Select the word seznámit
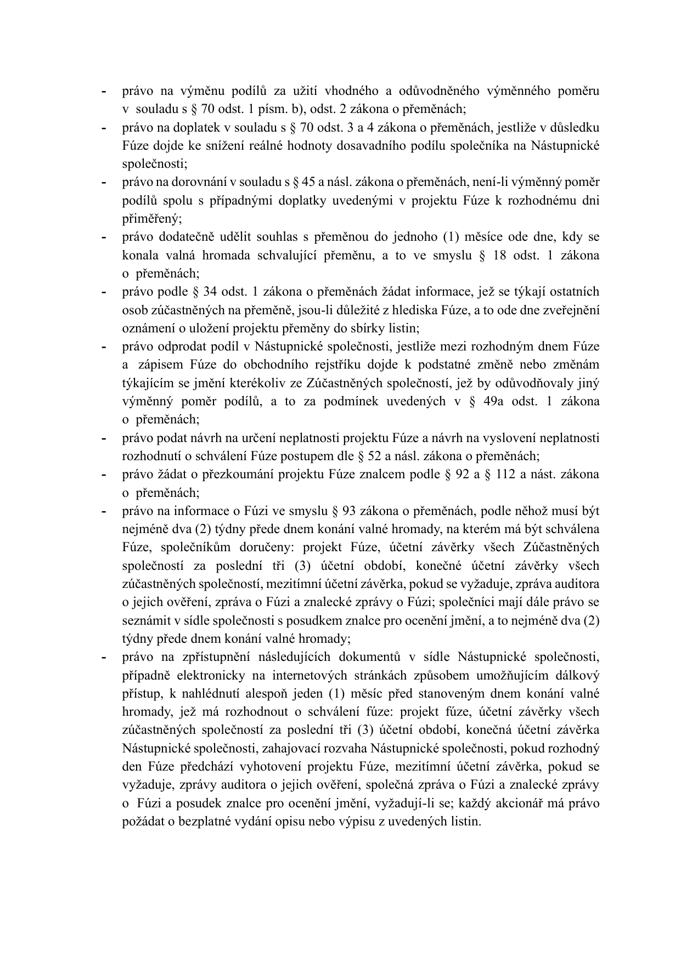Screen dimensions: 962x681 click(x=144, y=621)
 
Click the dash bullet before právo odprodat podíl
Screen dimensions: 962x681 click(x=103, y=347)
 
